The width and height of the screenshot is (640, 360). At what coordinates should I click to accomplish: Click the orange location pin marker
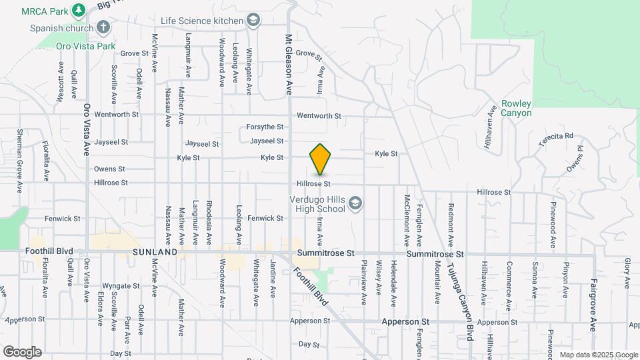point(321,159)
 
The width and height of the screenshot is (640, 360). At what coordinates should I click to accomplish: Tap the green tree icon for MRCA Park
point(79,10)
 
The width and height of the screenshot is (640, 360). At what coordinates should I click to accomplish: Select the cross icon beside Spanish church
point(103,27)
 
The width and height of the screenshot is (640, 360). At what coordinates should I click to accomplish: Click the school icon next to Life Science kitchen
point(253,21)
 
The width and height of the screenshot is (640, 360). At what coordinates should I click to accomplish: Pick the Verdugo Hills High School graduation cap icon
point(355,203)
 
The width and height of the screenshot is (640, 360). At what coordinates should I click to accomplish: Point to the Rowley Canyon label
point(517,108)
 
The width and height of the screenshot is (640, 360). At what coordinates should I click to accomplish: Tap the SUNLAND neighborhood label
point(155,253)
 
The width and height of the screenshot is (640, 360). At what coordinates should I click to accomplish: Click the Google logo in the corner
point(22,351)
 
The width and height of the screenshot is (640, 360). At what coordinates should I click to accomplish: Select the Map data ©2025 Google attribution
point(598,355)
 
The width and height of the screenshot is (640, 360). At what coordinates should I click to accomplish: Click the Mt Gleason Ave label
point(289,64)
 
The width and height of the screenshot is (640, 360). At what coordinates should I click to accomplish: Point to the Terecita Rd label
point(556,136)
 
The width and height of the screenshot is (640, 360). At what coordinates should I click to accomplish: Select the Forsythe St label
point(265,127)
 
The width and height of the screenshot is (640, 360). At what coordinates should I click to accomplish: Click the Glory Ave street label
point(627,273)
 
